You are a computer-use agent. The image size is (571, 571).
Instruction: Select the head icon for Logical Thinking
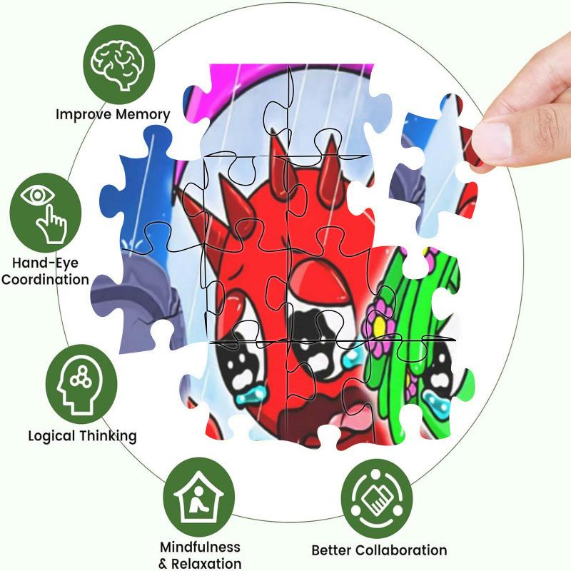pyautogui.click(x=81, y=380)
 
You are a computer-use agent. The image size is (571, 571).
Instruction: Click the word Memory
pyautogui.click(x=144, y=114)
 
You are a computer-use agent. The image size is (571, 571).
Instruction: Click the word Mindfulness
pyautogui.click(x=200, y=547)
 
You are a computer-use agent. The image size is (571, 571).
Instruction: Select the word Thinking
pyautogui.click(x=109, y=435)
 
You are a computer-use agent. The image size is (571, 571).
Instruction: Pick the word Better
pyautogui.click(x=332, y=550)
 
